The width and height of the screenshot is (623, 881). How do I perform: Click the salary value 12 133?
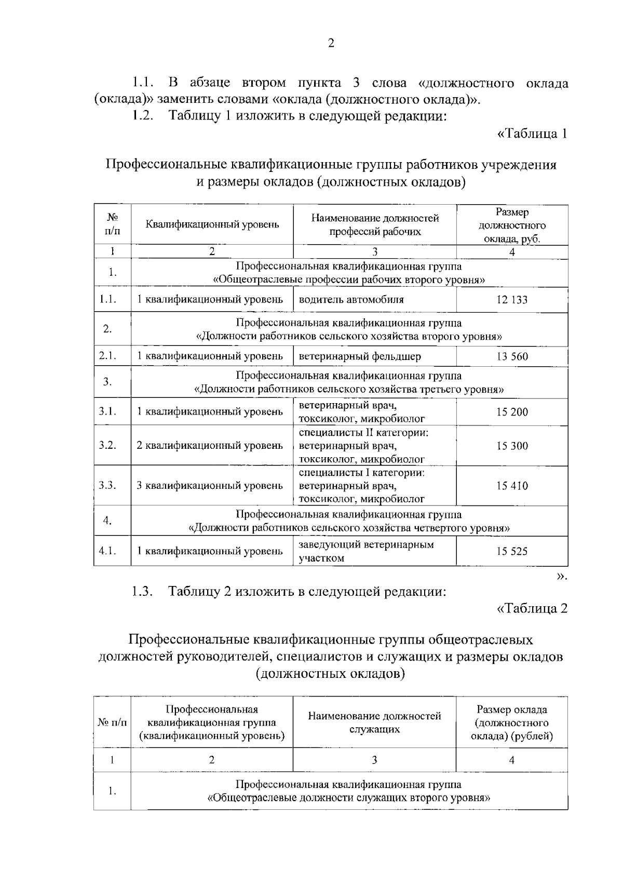pos(512,300)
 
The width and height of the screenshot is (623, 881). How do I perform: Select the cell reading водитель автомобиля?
pos(351,300)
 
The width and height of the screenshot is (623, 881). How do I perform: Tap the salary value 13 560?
pos(512,356)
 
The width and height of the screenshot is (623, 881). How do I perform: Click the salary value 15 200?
pos(512,412)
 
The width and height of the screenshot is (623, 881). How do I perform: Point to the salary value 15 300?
pos(512,446)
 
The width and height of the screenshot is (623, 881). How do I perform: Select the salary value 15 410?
pos(512,486)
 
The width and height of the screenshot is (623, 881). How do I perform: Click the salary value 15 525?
pos(512,551)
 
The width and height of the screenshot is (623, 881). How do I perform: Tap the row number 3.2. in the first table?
pos(107,445)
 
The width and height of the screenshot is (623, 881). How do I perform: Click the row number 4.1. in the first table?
pos(107,551)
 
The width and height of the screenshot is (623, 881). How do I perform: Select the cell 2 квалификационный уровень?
pos(210,445)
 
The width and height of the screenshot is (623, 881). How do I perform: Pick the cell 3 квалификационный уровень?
pos(210,486)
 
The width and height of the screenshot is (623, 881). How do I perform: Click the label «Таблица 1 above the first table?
pos(532,134)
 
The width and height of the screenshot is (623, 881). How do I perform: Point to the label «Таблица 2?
pos(532,608)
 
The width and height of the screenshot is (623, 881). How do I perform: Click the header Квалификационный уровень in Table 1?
pos(212,225)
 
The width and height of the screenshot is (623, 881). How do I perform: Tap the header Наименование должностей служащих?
pos(374,723)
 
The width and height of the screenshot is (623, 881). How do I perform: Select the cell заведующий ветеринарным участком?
pos(366,551)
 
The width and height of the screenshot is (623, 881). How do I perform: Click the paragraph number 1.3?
pos(141,592)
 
